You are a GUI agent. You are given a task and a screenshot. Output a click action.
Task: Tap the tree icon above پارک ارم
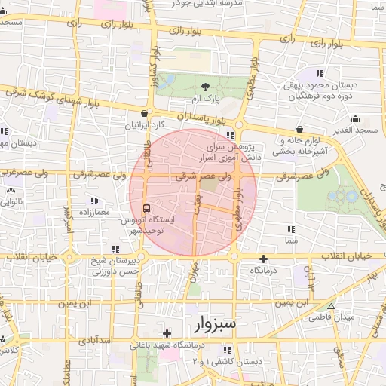pyautogui.click(x=206, y=87)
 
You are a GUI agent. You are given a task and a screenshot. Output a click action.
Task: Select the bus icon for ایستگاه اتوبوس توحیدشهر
pyautogui.click(x=146, y=207)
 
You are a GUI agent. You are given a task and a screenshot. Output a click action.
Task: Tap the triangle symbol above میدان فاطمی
pyautogui.click(x=331, y=306)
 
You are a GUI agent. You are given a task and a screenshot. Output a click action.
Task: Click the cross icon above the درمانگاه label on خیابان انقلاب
pyautogui.click(x=262, y=259)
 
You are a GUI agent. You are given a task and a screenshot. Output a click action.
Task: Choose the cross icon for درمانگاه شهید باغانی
pyautogui.click(x=167, y=332)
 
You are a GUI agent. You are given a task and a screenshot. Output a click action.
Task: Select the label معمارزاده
pyautogui.click(x=93, y=212)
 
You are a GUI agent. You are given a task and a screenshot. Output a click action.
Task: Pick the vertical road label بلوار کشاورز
pyautogui.click(x=153, y=69)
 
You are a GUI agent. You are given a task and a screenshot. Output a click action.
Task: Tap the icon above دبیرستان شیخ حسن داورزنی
pyautogui.click(x=115, y=248)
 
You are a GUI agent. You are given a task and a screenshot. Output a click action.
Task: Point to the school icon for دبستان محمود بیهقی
pyautogui.click(x=320, y=74)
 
